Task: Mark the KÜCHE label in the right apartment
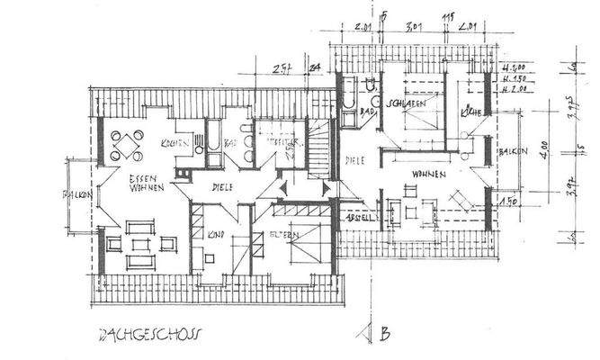click(470, 112)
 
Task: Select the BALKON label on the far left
click(74, 195)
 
